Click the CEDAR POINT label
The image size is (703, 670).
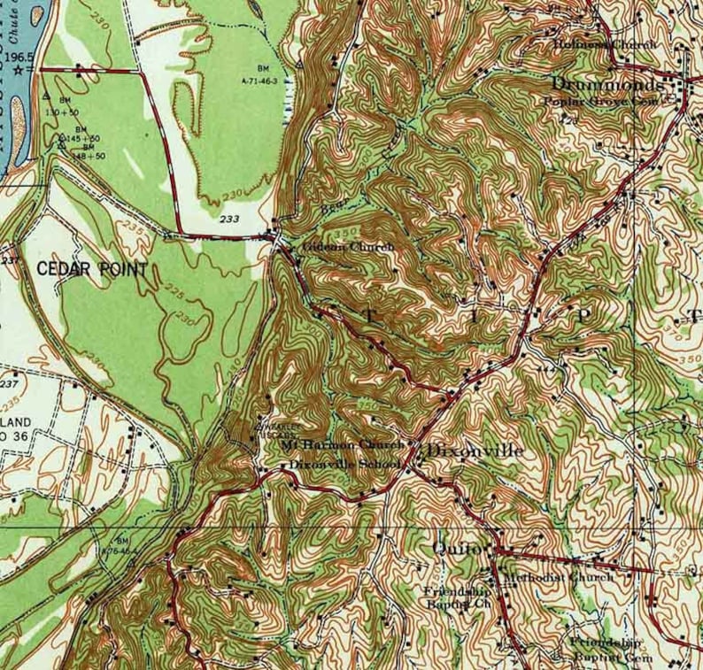coord(92,270)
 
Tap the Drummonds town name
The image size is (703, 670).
coord(606,85)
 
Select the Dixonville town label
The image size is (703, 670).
coord(475,451)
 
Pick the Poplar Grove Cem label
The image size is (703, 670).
coord(602,103)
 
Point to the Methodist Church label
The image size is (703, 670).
coord(558,577)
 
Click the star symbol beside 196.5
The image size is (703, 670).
coord(31,68)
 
